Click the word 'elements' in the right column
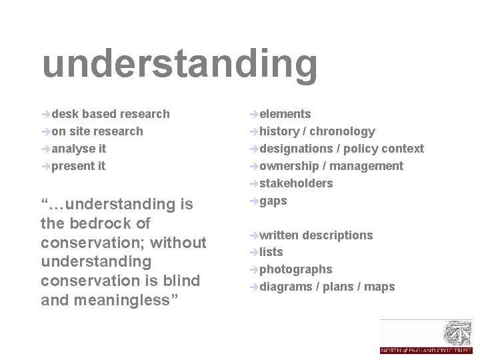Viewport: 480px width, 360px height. pos(285,114)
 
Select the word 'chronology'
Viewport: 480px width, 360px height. pos(342,131)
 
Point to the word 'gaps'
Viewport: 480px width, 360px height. pos(273,201)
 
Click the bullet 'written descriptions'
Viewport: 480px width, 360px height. pos(315,235)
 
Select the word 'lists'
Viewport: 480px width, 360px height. pos(271,252)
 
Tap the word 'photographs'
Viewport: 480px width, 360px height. pos(295,269)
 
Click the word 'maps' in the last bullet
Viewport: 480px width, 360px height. pos(380,287)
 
